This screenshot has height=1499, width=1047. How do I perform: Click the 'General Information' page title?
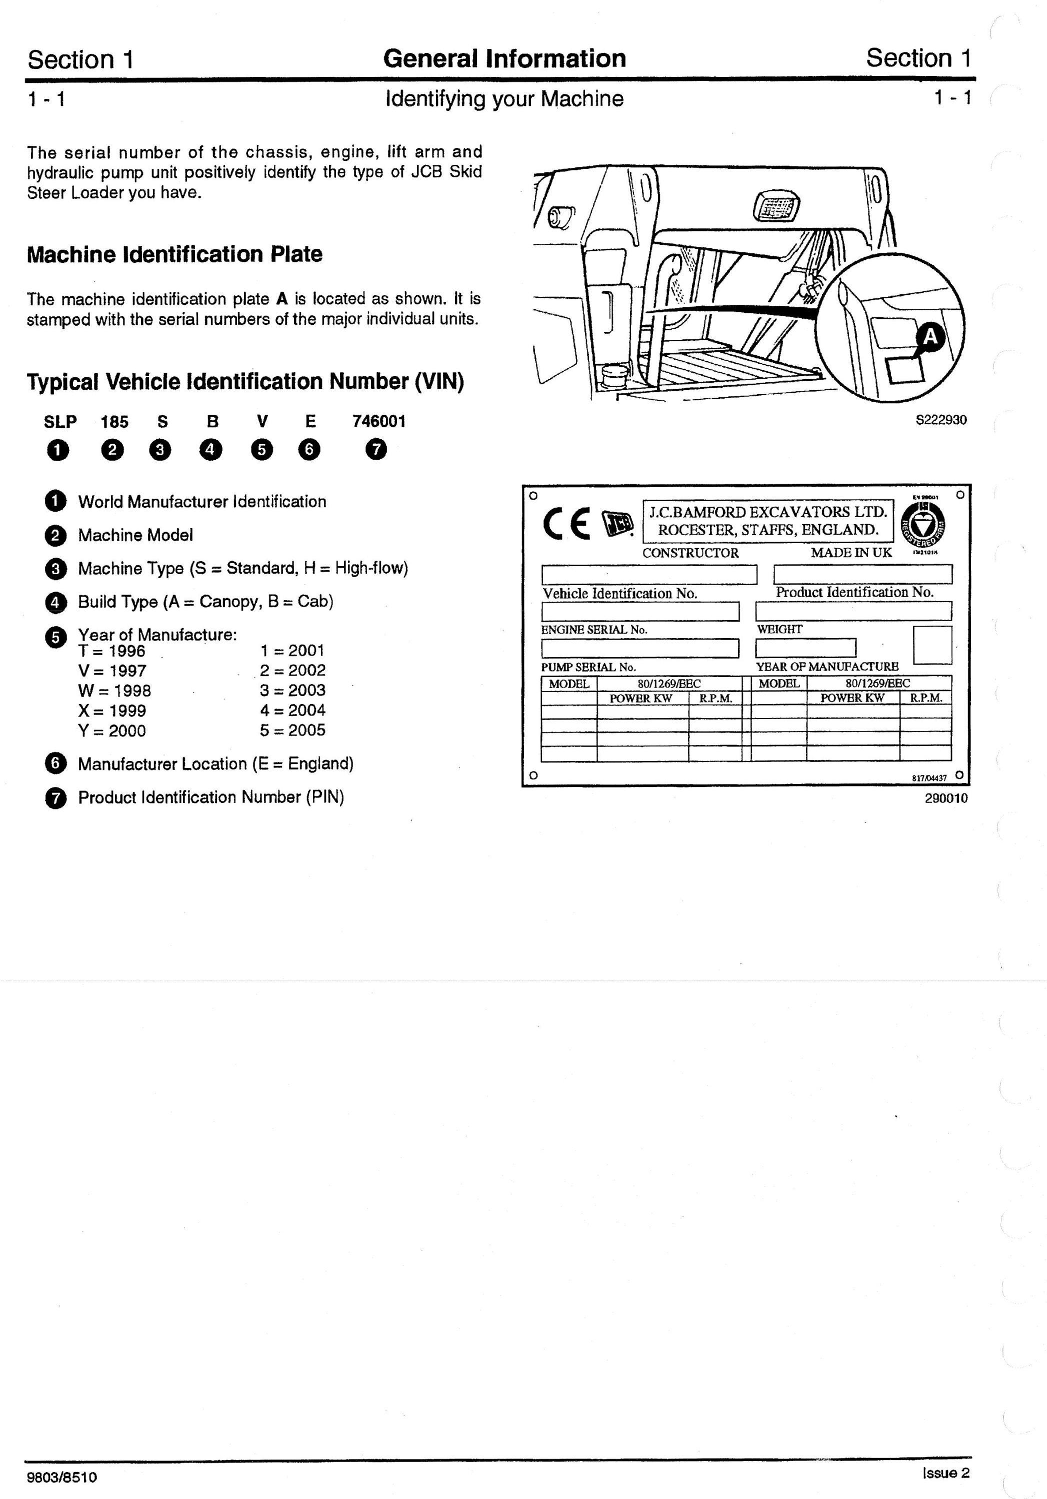504,59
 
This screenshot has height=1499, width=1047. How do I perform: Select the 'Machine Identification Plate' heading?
174,254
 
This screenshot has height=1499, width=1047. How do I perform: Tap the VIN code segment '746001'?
379,422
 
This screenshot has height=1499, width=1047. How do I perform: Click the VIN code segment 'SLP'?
60,422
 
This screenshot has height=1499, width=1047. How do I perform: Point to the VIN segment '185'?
114,422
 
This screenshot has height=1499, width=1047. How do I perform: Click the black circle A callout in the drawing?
929,337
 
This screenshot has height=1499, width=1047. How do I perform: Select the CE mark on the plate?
567,524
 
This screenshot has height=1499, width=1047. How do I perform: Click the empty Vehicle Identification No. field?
649,575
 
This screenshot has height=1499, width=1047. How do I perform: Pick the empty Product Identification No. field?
863,575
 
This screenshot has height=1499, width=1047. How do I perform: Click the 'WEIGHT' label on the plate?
780,630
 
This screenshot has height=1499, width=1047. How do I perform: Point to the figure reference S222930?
941,420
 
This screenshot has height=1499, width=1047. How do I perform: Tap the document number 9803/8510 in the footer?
62,1477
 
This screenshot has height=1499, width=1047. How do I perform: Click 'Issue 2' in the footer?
946,1473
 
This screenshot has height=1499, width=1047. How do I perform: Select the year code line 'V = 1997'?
112,671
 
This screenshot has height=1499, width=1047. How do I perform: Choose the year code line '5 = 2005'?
292,731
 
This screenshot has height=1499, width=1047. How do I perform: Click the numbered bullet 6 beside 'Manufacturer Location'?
55,763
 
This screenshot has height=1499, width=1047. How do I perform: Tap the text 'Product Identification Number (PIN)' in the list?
211,797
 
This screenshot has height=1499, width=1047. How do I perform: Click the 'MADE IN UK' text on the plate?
851,552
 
